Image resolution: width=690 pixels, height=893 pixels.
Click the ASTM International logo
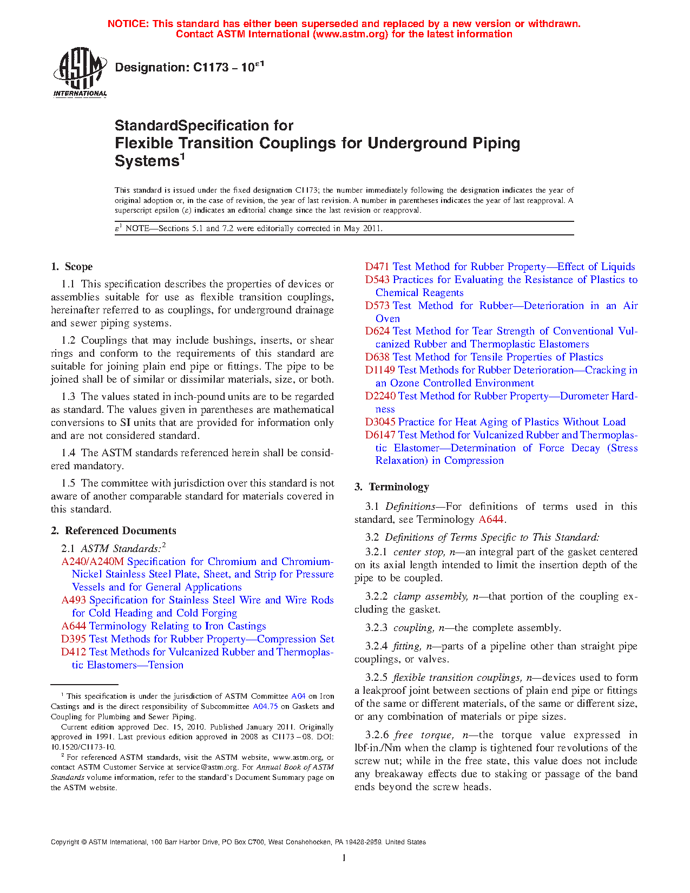80,72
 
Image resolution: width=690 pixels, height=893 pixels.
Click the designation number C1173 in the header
211,68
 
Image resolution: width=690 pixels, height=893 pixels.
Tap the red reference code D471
377,266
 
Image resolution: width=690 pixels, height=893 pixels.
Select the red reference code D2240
380,396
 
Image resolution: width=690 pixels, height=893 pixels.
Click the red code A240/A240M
93,562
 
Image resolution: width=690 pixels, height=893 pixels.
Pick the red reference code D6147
380,435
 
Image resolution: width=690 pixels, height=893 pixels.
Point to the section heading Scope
78,266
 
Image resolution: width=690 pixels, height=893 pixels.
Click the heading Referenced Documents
121,531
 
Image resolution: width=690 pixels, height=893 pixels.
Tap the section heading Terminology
399,487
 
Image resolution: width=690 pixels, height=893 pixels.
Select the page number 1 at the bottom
344,858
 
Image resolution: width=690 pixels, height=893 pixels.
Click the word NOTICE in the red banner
128,24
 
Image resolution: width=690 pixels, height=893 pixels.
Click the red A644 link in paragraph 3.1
491,520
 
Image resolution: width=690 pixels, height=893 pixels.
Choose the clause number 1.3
69,397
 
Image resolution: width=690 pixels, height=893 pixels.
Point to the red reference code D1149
380,370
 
